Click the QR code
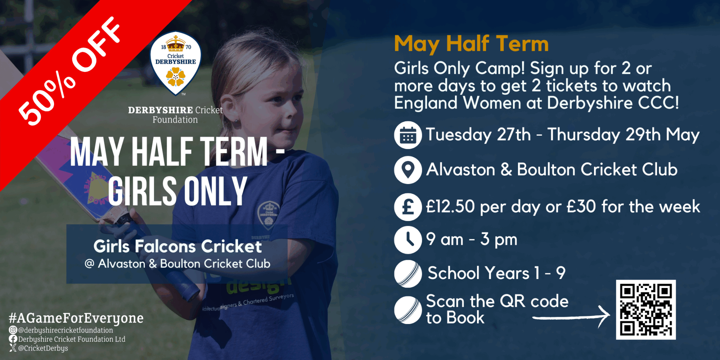click(646, 310)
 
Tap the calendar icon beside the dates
click(408, 135)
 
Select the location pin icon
click(408, 170)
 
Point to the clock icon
click(408, 240)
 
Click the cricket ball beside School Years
click(408, 274)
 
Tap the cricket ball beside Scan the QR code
click(408, 310)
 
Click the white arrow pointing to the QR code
click(572, 317)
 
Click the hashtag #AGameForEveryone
click(76, 318)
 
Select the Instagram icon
click(13, 330)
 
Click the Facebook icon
click(13, 339)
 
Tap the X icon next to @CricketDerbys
click(13, 348)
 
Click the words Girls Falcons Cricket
click(177, 247)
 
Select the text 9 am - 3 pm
click(472, 239)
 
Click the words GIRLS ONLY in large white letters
click(177, 192)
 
